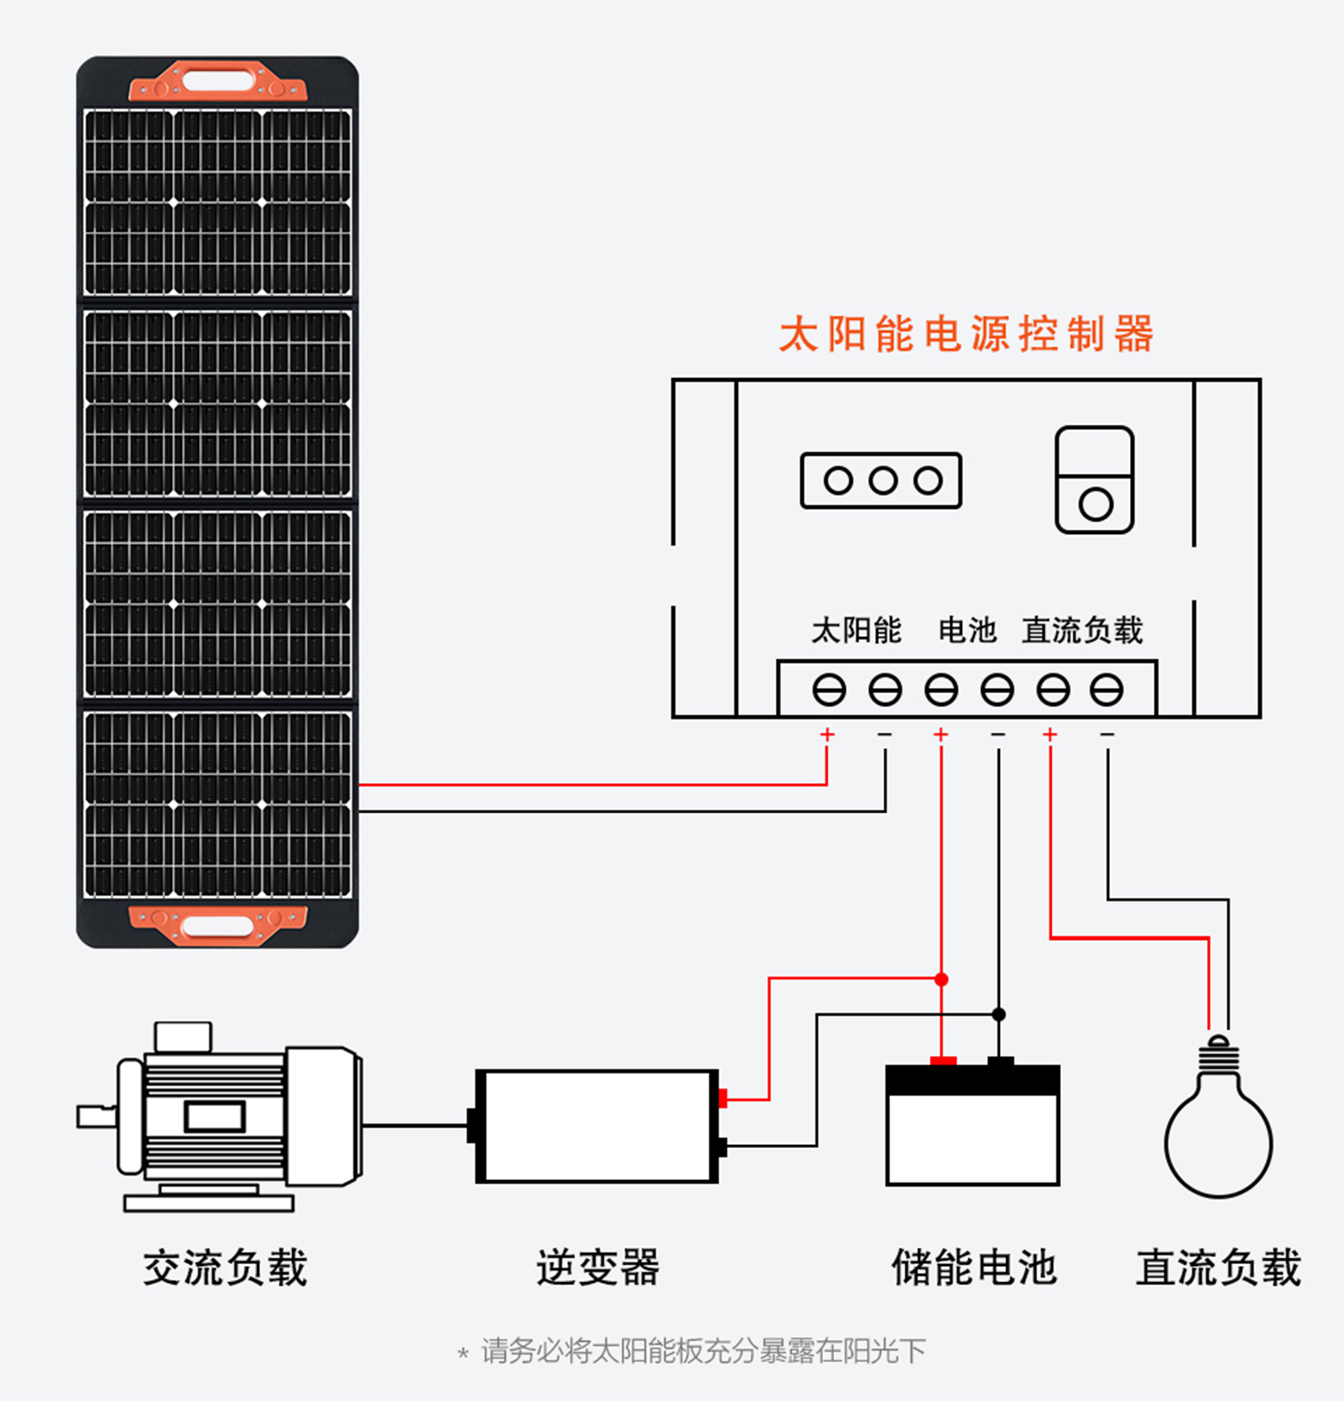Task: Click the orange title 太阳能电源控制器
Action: pyautogui.click(x=966, y=334)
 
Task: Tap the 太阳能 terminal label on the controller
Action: pyautogui.click(x=857, y=630)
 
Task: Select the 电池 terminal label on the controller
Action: pyautogui.click(x=968, y=630)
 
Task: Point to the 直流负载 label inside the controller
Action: pyautogui.click(x=1082, y=630)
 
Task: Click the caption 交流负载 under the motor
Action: pyautogui.click(x=225, y=1267)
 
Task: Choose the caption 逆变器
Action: pyautogui.click(x=598, y=1267)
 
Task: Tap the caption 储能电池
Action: pyautogui.click(x=974, y=1267)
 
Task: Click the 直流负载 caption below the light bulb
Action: pyautogui.click(x=1219, y=1267)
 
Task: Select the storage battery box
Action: pyautogui.click(x=973, y=1124)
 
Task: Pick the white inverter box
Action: pyautogui.click(x=597, y=1126)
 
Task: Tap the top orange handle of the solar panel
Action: pyautogui.click(x=218, y=81)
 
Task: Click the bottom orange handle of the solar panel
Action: pyautogui.click(x=218, y=925)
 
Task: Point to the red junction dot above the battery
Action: pyautogui.click(x=941, y=979)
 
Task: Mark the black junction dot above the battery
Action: pyautogui.click(x=998, y=1014)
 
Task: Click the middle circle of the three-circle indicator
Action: pyautogui.click(x=883, y=481)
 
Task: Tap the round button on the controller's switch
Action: pyautogui.click(x=1095, y=504)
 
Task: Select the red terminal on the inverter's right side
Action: pyautogui.click(x=723, y=1098)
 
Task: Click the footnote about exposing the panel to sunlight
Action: pyautogui.click(x=692, y=1350)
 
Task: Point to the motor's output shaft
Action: pyautogui.click(x=97, y=1116)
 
